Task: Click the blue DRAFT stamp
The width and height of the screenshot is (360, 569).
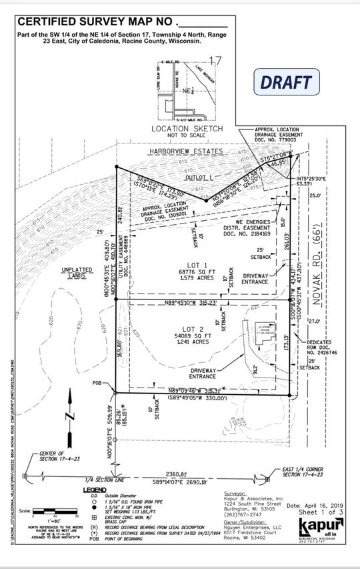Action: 286,83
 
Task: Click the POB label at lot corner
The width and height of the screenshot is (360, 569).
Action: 99,384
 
